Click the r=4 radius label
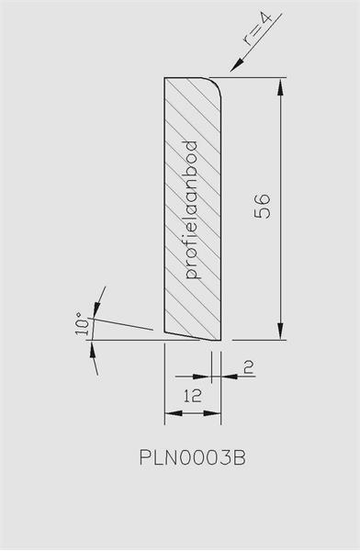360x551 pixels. [258, 29]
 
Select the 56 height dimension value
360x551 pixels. [263, 207]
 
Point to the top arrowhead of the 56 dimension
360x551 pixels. [280, 87]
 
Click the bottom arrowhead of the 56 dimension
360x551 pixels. [280, 331]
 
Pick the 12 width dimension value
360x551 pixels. [193, 396]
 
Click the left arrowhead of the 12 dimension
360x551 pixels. [174, 413]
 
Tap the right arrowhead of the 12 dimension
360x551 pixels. [212, 413]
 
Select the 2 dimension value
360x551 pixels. [249, 367]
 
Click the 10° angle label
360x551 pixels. [83, 323]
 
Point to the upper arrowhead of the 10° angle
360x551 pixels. [96, 309]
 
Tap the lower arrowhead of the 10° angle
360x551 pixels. [93, 349]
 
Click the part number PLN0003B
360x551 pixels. [193, 457]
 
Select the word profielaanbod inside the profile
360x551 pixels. [192, 209]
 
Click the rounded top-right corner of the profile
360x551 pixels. [216, 84]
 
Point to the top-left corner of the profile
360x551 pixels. [165, 78]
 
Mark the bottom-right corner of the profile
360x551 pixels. [220, 340]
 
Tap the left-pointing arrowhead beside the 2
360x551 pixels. [230, 377]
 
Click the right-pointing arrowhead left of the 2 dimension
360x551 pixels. [203, 377]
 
